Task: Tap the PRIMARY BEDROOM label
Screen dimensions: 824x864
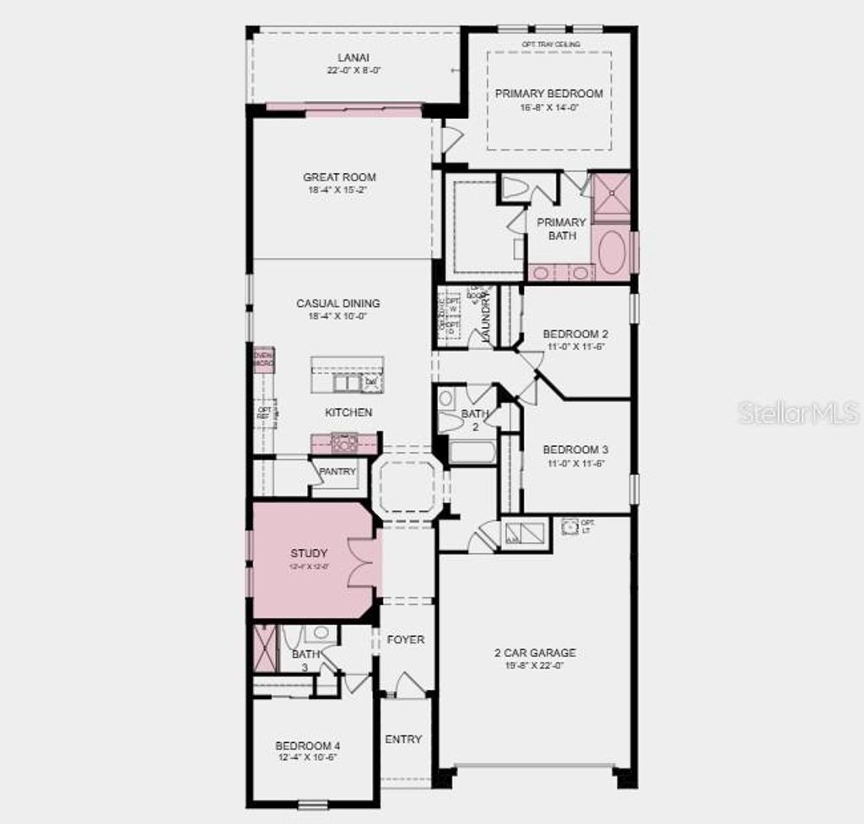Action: click(x=548, y=94)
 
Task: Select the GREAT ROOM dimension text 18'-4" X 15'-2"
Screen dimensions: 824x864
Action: click(x=339, y=191)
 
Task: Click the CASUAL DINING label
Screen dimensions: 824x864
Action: click(x=337, y=303)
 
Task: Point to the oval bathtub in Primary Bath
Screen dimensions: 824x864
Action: click(x=612, y=252)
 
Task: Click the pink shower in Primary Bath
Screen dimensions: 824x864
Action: click(x=611, y=197)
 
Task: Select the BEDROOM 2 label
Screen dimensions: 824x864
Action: click(x=575, y=333)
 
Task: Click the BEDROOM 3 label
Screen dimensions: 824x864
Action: click(x=575, y=450)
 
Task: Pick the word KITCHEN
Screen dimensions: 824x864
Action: click(x=348, y=412)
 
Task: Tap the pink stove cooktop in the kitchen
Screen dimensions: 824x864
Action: click(x=343, y=443)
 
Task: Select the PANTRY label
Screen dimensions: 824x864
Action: click(x=337, y=471)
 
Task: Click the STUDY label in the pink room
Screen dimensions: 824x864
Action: click(x=309, y=553)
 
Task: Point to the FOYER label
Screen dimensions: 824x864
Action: click(x=405, y=639)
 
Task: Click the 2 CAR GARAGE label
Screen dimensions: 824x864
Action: click(x=535, y=652)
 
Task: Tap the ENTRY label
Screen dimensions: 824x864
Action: click(x=403, y=739)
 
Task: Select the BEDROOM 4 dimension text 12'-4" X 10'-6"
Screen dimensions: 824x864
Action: click(x=307, y=758)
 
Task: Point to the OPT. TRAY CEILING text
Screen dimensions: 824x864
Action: click(x=550, y=44)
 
